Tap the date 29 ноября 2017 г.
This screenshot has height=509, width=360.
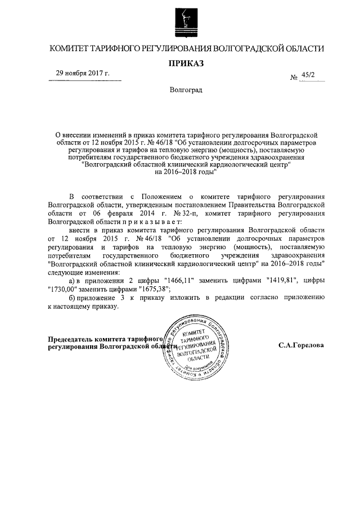coord(82,74)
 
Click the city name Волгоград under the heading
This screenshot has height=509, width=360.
coord(186,90)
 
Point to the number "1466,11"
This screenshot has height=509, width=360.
coord(178,280)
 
